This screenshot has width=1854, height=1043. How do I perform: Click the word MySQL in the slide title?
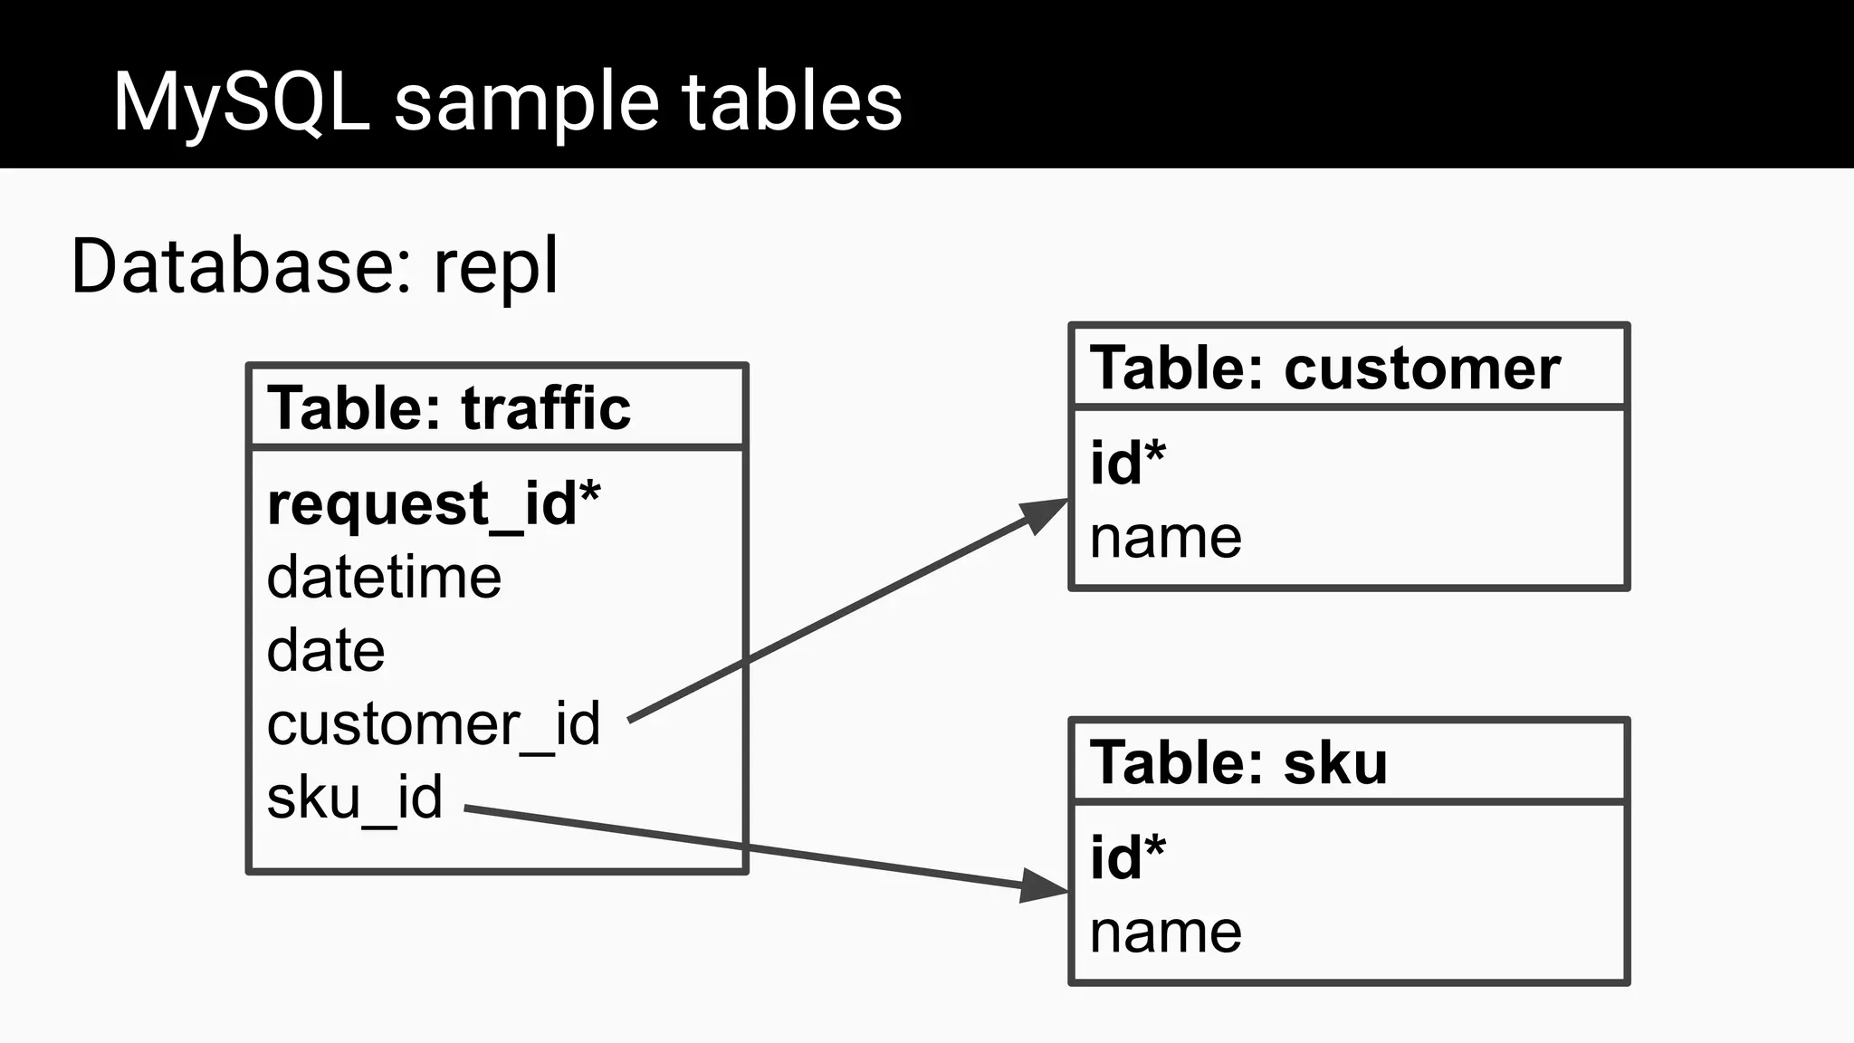coord(241,102)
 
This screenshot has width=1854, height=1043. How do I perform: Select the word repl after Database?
coord(495,267)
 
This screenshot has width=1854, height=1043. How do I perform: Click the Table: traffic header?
coord(448,407)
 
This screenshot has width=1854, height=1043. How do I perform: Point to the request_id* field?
coord(433,503)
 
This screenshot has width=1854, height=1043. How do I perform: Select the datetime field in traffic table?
coord(384,578)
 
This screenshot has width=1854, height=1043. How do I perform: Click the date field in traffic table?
coord(326,651)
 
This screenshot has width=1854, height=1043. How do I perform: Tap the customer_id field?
coord(433,724)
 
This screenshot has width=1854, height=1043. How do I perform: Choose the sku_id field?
coord(354,798)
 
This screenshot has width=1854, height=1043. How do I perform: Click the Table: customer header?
coord(1324,368)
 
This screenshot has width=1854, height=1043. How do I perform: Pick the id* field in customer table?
coord(1127,463)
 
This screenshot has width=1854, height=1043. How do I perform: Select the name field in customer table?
coord(1165,537)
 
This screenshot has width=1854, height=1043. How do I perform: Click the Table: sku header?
coord(1238,762)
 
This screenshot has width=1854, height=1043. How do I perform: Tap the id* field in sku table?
coord(1127,856)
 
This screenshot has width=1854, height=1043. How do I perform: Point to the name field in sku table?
coord(1165,932)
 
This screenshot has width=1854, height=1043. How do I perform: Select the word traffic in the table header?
coord(546,407)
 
